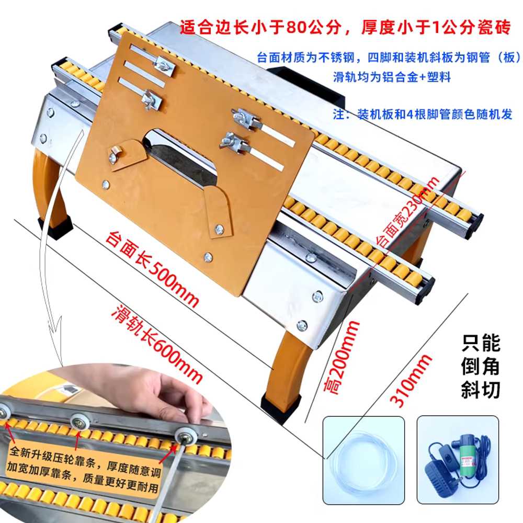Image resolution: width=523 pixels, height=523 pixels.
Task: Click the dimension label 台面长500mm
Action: (152, 268)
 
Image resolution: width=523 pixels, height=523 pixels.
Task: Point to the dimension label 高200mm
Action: (342, 357)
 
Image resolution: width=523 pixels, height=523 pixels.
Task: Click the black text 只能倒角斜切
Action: (481, 367)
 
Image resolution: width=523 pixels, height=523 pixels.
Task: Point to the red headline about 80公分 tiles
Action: (345, 27)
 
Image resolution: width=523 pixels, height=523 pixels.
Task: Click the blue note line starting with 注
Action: (422, 115)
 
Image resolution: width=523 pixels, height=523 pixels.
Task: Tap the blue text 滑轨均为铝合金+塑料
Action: (392, 77)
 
